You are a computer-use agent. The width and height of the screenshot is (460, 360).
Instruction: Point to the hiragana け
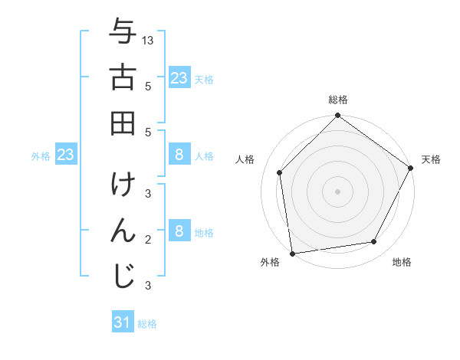pos(122,185)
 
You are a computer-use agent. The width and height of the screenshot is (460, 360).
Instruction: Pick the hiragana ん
pos(122,230)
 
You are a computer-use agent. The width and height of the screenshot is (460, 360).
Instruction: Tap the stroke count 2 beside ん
pos(147,240)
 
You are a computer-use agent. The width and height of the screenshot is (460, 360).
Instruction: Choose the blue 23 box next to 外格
pos(66,155)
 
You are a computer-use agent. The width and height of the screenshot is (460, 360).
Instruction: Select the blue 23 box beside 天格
pos(179,77)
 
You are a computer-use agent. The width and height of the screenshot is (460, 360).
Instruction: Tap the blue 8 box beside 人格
pos(179,155)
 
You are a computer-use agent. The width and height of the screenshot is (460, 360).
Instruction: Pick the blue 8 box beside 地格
pos(179,231)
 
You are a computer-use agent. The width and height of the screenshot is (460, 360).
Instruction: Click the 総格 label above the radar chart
pos(338,100)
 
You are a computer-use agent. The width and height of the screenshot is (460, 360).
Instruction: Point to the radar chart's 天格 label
pos(431,159)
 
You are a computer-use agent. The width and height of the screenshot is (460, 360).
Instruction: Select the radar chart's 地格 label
pos(402,262)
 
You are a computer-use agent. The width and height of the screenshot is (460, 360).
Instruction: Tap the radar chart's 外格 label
pos(270,262)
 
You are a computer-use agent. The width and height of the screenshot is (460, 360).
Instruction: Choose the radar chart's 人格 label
pos(245,159)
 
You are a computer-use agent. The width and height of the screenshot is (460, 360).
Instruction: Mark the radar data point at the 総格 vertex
pos(337,116)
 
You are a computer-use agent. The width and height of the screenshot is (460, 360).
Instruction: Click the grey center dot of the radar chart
pos(337,190)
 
